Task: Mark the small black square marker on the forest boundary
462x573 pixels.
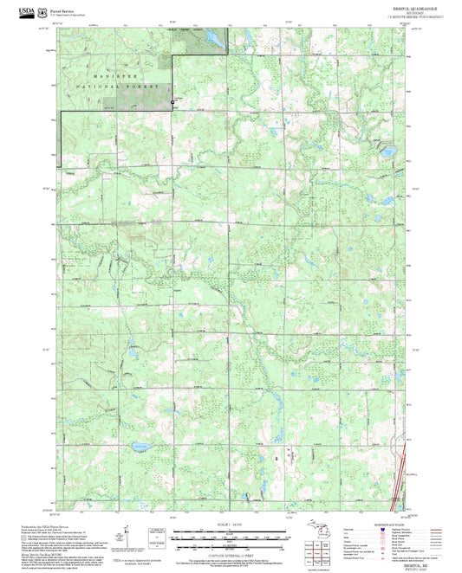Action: pyautogui.click(x=172, y=104)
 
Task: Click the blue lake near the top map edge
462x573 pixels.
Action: pyautogui.click(x=210, y=37)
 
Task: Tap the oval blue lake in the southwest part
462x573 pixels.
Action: pyautogui.click(x=139, y=447)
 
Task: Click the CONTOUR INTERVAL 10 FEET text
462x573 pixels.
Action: pyautogui.click(x=230, y=554)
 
